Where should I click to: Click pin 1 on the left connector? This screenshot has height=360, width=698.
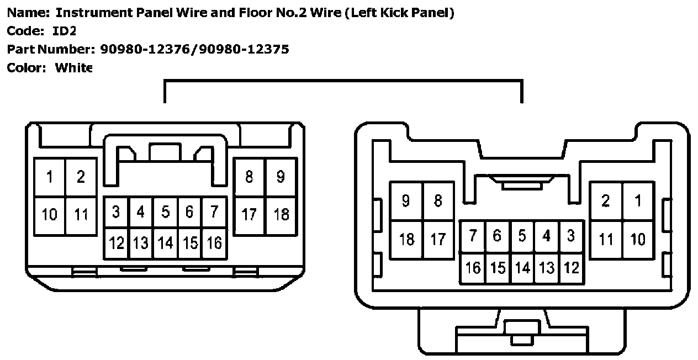pos(50,177)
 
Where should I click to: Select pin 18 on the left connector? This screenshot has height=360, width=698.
pos(281,214)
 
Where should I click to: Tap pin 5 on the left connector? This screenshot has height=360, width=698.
pos(165,212)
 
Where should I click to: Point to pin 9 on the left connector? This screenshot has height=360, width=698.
pos(281,177)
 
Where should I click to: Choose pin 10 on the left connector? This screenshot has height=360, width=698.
pos(50,214)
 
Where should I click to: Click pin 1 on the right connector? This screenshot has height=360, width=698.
pos(638,201)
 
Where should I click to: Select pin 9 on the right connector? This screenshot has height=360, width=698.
pos(406,201)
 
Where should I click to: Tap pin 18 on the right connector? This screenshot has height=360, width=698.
pos(406,239)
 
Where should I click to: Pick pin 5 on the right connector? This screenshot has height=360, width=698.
pos(522,236)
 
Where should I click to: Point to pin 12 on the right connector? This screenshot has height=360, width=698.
pos(571,268)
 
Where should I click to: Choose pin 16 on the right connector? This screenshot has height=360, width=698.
pos(473,268)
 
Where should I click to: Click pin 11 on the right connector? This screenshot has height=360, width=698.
pos(606,239)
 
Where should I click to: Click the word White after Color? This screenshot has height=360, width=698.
pos(74,68)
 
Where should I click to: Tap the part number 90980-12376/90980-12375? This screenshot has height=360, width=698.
pos(194,49)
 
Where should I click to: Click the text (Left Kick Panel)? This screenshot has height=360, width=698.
pos(399,13)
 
